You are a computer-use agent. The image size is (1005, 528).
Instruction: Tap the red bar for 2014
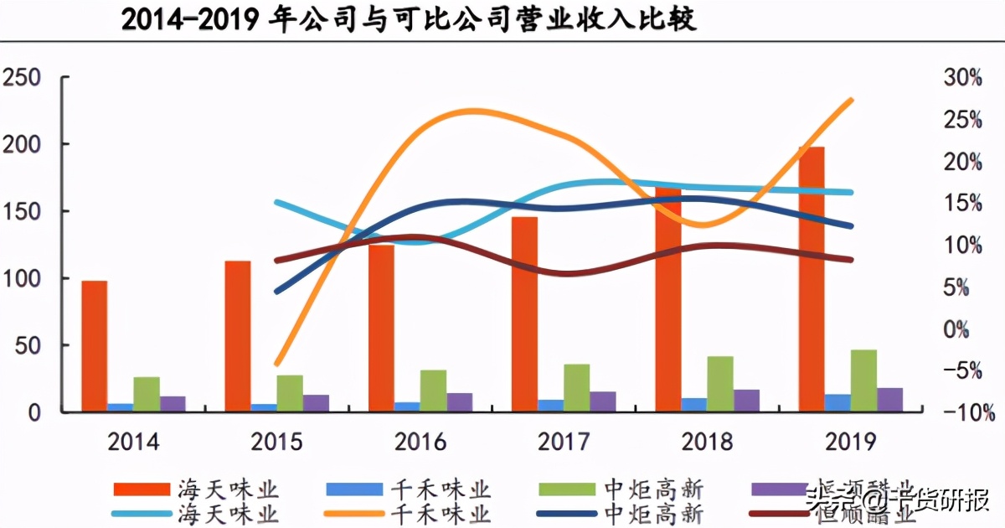point(95,346)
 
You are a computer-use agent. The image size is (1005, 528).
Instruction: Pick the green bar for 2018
point(720,384)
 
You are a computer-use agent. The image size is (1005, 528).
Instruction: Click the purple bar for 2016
point(460,402)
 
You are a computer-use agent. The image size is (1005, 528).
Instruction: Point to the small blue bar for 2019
point(837,403)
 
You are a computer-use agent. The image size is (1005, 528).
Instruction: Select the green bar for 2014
point(147,394)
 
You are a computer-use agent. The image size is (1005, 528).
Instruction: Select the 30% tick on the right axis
point(962,78)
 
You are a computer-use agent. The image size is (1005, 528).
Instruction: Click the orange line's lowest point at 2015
point(276,365)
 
